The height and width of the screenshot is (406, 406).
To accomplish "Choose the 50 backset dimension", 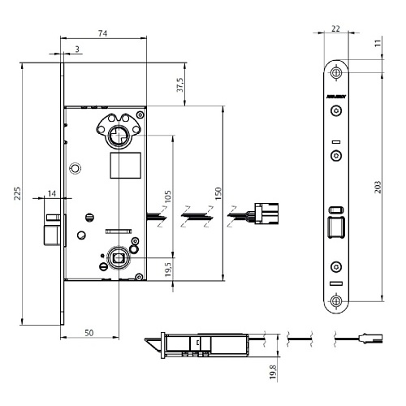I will (89, 333).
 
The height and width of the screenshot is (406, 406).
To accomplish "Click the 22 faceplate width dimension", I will (336, 29).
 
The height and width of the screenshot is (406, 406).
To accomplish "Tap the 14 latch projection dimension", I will (52, 194).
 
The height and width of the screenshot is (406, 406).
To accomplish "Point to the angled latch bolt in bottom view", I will (151, 343).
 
